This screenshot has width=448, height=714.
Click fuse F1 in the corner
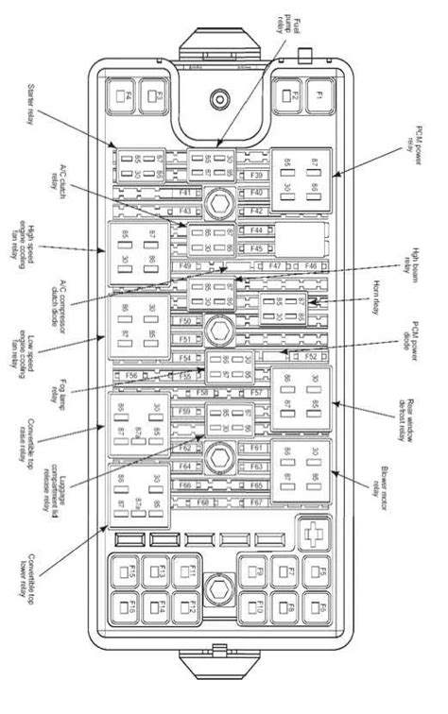[x=319, y=95]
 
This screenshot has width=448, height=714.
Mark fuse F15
[x=126, y=573]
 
